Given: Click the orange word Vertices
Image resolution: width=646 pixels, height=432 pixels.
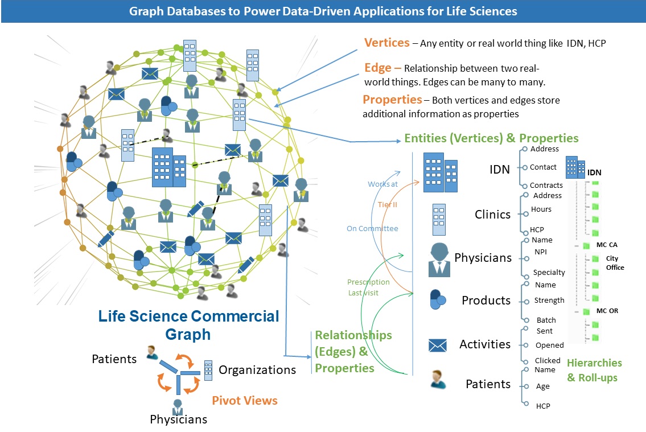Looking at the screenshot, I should (387, 43).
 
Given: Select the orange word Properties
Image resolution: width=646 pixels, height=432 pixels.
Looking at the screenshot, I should (392, 100).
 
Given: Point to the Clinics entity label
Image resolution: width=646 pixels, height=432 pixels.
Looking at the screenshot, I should (493, 215).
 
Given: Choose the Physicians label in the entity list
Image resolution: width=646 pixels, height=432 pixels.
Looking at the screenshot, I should (483, 258).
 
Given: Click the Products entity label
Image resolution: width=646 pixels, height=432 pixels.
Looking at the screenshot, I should (486, 301).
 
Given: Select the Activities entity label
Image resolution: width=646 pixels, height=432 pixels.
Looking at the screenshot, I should (485, 344).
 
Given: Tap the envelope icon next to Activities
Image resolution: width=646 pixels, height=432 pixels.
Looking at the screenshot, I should (438, 345).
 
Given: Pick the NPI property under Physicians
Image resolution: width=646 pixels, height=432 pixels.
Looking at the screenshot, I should (541, 252).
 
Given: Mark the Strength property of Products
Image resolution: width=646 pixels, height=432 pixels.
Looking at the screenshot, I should (549, 301).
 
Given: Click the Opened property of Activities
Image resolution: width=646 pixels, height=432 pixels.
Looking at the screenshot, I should (549, 345).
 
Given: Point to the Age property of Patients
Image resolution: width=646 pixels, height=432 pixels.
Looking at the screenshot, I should (543, 386).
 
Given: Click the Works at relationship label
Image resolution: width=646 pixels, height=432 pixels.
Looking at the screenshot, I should (383, 184).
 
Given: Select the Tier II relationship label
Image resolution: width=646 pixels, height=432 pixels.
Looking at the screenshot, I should (388, 204).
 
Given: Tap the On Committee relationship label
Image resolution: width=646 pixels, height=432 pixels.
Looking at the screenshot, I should (372, 229).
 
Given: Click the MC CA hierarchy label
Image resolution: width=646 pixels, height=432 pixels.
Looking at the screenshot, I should (607, 245).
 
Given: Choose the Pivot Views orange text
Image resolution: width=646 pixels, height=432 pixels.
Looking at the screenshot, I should (245, 401).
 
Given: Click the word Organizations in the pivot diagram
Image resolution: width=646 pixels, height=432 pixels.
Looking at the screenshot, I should (257, 370).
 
